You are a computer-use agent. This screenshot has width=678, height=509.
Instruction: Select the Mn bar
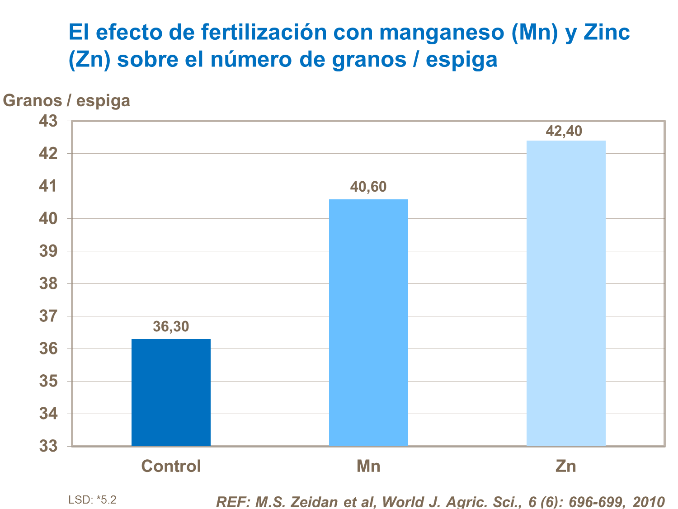368,323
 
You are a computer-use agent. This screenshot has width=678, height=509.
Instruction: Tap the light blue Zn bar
566,293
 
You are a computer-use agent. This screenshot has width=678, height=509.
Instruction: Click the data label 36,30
171,326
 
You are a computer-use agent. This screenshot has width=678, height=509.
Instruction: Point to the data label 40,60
368,187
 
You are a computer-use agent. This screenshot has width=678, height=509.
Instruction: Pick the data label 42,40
564,131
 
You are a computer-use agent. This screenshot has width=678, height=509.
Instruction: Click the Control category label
171,466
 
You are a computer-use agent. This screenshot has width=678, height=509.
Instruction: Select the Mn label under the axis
368,466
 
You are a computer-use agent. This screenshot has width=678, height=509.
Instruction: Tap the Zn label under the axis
566,466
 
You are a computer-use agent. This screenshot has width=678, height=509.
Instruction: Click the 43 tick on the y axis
48,121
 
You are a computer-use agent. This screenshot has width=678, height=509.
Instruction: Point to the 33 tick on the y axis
48,446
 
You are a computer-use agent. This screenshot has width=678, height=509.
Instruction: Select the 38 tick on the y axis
48,283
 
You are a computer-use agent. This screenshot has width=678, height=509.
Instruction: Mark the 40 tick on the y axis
48,219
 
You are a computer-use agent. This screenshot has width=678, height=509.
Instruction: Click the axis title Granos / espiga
66,100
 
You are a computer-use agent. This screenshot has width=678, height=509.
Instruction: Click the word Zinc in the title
607,33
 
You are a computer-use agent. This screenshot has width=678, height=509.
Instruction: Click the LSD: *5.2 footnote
92,500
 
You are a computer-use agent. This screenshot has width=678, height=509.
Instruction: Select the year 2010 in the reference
649,502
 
